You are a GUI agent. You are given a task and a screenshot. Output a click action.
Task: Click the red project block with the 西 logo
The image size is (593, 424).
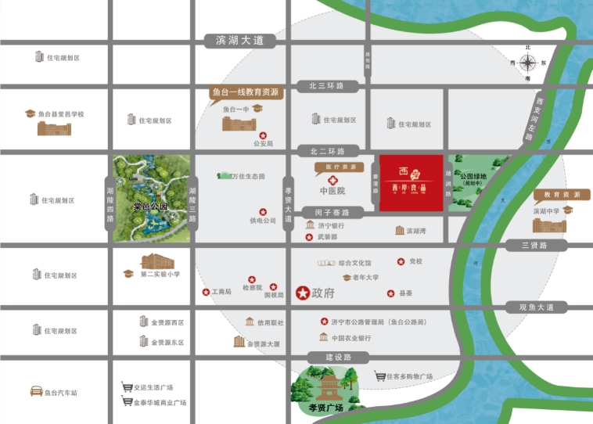[412, 183]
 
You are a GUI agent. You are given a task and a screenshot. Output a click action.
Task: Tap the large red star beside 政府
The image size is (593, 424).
[302, 293]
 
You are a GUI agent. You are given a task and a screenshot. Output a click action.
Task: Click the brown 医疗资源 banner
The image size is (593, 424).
[335, 167]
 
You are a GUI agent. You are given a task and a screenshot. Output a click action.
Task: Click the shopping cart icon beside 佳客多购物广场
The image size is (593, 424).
[379, 376]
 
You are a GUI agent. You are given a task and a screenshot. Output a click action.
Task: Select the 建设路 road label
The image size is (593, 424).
[327, 357]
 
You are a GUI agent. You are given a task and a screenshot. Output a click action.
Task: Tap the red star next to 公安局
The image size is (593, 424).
[262, 135]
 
